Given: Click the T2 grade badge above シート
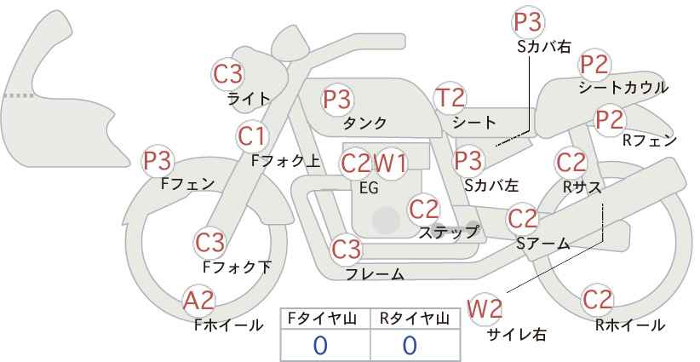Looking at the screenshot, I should pos(450,99).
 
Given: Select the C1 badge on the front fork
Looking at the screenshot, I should pos(252,135).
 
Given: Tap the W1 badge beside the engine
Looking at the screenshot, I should pos(391,163).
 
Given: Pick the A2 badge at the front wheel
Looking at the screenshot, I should pos(199,301).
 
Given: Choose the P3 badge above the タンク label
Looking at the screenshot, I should pos(337,100).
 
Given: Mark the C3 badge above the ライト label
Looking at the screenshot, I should pos(228,73).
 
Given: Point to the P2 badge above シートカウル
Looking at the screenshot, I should pos(594,65).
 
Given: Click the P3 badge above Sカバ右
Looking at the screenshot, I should pos(528,23).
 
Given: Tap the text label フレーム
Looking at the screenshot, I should pos(375,273).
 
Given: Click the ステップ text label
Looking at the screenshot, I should pos(449,232).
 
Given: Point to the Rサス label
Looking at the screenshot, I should pos(582,187).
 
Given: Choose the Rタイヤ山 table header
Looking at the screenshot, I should pos(415,319).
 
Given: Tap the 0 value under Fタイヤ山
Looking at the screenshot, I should pos(320,345).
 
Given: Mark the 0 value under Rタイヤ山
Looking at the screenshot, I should pos(410,345).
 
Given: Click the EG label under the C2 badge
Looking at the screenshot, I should pos(368,188).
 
